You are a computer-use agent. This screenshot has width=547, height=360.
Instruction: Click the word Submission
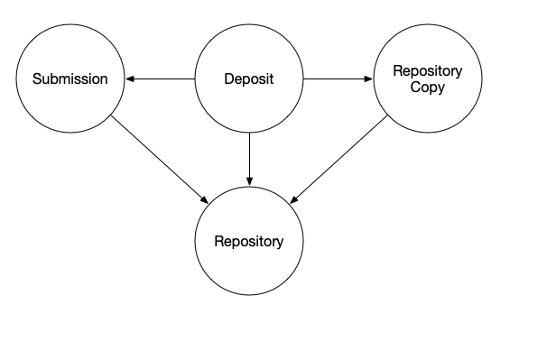[70, 79]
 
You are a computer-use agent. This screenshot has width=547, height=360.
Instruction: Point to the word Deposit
[248, 79]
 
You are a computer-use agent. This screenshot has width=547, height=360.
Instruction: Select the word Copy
[428, 88]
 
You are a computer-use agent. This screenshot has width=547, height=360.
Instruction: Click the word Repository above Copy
[428, 71]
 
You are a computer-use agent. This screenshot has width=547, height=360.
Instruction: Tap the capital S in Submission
[37, 79]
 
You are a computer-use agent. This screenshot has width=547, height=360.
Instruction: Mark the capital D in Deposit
[228, 79]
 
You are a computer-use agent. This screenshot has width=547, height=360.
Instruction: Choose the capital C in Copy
[415, 88]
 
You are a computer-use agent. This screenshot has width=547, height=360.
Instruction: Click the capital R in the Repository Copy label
[397, 71]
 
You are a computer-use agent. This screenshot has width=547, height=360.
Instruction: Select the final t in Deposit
[271, 79]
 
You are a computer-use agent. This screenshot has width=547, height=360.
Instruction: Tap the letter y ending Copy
[441, 88]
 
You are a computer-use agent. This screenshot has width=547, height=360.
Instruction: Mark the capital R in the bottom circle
[218, 242]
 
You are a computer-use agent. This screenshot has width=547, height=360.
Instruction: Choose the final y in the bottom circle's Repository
[280, 243]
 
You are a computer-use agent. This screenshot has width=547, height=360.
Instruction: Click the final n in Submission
[103, 79]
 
